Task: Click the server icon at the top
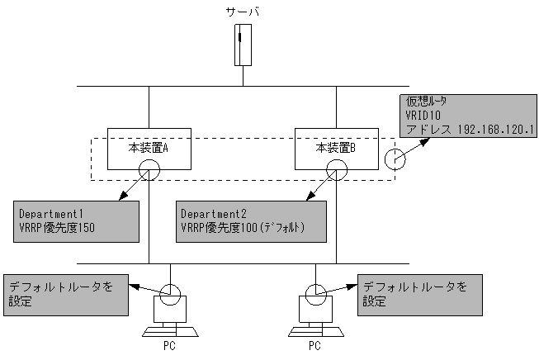click(x=243, y=45)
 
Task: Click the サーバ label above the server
click(x=243, y=12)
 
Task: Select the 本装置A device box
click(x=149, y=148)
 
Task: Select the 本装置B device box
click(x=336, y=148)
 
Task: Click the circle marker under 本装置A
click(x=149, y=169)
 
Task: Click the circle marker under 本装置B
click(x=336, y=169)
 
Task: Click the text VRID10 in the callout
click(x=422, y=116)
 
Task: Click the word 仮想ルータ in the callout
click(x=428, y=102)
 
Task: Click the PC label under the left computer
click(x=170, y=347)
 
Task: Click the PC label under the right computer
click(x=315, y=347)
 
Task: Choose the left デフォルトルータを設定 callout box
click(x=66, y=295)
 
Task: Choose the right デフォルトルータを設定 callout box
click(x=418, y=295)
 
